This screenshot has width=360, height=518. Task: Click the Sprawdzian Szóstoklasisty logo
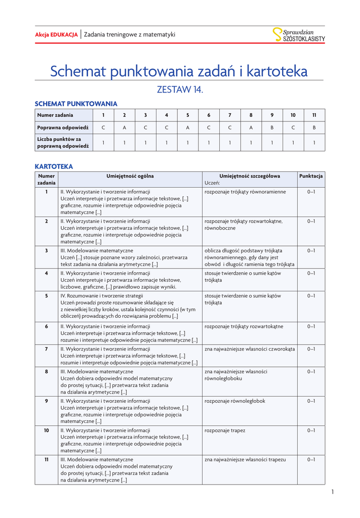299,34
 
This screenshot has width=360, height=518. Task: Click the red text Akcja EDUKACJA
56,34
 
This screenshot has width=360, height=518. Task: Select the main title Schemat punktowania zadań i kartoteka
179,71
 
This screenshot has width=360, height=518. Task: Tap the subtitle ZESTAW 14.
180,90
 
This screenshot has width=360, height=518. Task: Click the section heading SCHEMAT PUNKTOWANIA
76,104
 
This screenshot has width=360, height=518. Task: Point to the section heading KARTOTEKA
54,166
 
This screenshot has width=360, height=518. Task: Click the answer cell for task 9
272,128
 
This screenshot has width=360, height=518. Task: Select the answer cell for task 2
124,128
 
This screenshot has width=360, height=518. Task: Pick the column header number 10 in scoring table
293,115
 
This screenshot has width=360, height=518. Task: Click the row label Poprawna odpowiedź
63,128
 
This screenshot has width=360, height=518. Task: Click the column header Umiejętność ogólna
130,176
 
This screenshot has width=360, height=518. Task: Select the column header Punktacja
311,176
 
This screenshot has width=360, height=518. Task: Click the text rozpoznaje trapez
225,430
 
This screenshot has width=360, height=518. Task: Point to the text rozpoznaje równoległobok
235,401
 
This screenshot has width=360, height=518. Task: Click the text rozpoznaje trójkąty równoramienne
245,192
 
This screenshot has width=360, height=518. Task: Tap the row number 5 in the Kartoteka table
47,296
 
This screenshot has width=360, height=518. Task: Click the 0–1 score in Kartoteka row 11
311,460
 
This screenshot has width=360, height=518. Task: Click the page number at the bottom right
333,492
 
